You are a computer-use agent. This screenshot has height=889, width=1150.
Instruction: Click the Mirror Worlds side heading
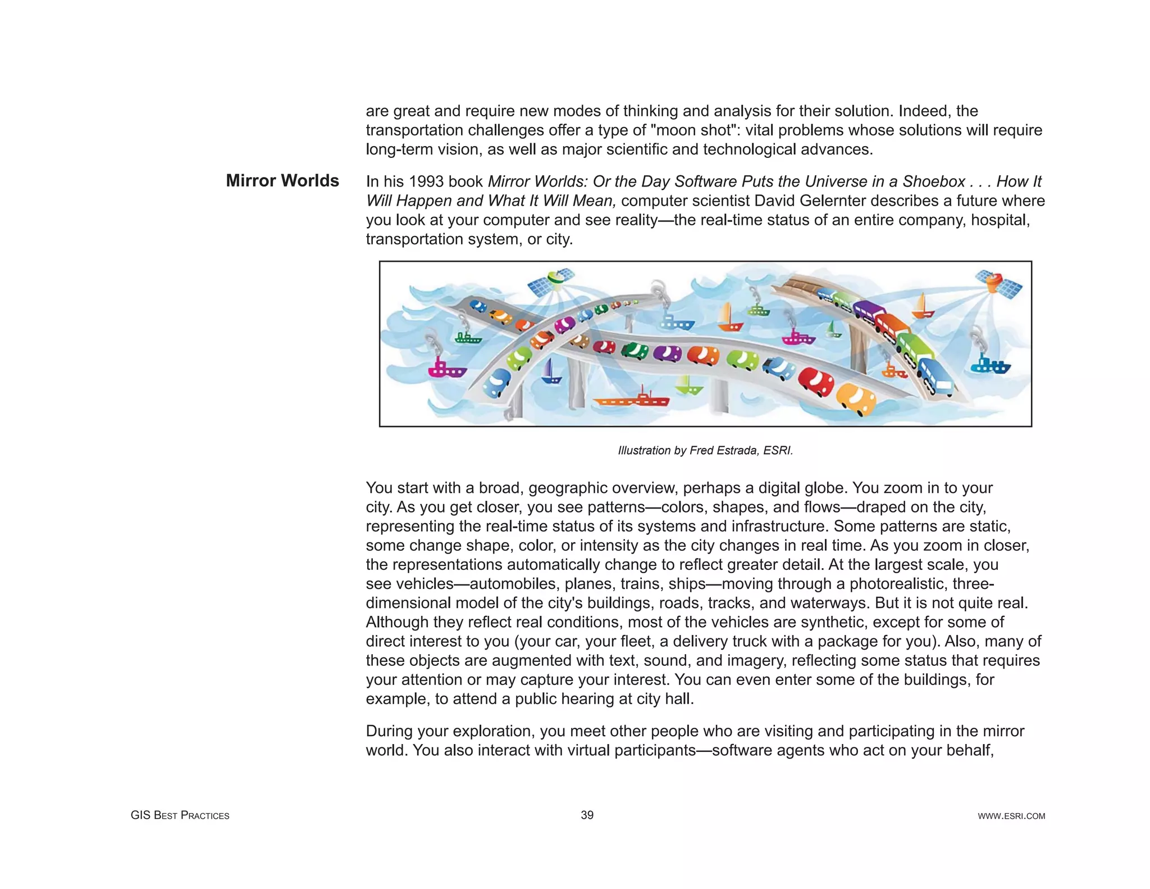pos(282,180)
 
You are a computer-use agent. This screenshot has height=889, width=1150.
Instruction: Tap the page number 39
pos(587,815)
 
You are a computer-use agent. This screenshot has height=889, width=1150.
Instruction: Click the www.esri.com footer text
pos(1011,816)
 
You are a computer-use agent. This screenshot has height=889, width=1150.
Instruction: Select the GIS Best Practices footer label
pos(180,815)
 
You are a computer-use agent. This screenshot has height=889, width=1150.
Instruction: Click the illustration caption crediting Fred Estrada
pos(705,450)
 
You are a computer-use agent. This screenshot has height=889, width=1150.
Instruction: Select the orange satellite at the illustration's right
pos(998,283)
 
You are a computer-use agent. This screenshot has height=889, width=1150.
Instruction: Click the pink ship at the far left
pos(446,369)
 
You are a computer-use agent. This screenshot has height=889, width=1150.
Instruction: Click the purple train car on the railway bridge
pos(869,310)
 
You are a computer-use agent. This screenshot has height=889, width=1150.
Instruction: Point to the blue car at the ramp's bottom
pos(496,384)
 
